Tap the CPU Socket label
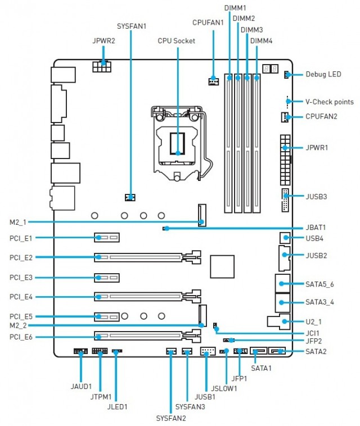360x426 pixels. click(x=177, y=41)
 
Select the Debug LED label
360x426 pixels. click(x=323, y=74)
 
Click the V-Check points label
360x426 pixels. click(x=329, y=102)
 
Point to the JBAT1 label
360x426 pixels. click(x=315, y=228)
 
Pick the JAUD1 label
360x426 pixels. click(x=81, y=387)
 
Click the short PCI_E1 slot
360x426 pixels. click(x=107, y=238)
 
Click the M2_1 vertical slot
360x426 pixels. click(x=201, y=215)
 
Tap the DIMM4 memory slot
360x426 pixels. click(x=256, y=143)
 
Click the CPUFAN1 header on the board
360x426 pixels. click(x=213, y=82)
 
